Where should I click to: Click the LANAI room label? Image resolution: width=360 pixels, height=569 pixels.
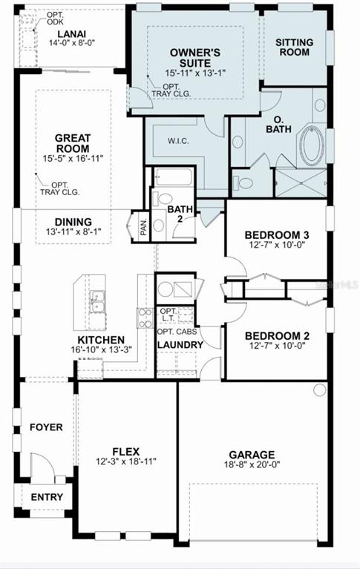(71, 34)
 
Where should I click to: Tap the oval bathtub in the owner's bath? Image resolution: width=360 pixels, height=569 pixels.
(311, 146)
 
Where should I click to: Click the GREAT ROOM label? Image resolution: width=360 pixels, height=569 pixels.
(72, 143)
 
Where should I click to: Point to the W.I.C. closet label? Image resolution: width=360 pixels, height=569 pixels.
(178, 141)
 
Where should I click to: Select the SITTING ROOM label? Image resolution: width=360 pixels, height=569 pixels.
(294, 47)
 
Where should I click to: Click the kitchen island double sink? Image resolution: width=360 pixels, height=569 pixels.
(97, 301)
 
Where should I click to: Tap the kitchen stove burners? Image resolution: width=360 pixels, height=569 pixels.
(145, 318)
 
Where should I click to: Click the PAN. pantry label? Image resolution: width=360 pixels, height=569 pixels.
(144, 227)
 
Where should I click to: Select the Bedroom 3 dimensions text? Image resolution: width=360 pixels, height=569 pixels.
(277, 245)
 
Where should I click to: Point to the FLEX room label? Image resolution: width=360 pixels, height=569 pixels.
(125, 452)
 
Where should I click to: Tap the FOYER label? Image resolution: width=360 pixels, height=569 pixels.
(46, 427)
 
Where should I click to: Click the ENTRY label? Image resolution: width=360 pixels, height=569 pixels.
(47, 497)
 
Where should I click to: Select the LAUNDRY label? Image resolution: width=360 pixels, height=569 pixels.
(180, 345)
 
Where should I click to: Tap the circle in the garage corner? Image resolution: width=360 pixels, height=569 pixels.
(320, 389)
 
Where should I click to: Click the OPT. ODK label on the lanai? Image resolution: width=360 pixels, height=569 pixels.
(55, 18)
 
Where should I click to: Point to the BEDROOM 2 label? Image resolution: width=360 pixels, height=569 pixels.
(277, 335)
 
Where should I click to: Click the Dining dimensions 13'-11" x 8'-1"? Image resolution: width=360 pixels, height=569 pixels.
(73, 231)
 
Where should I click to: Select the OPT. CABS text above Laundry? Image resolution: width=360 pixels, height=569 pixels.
(177, 332)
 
